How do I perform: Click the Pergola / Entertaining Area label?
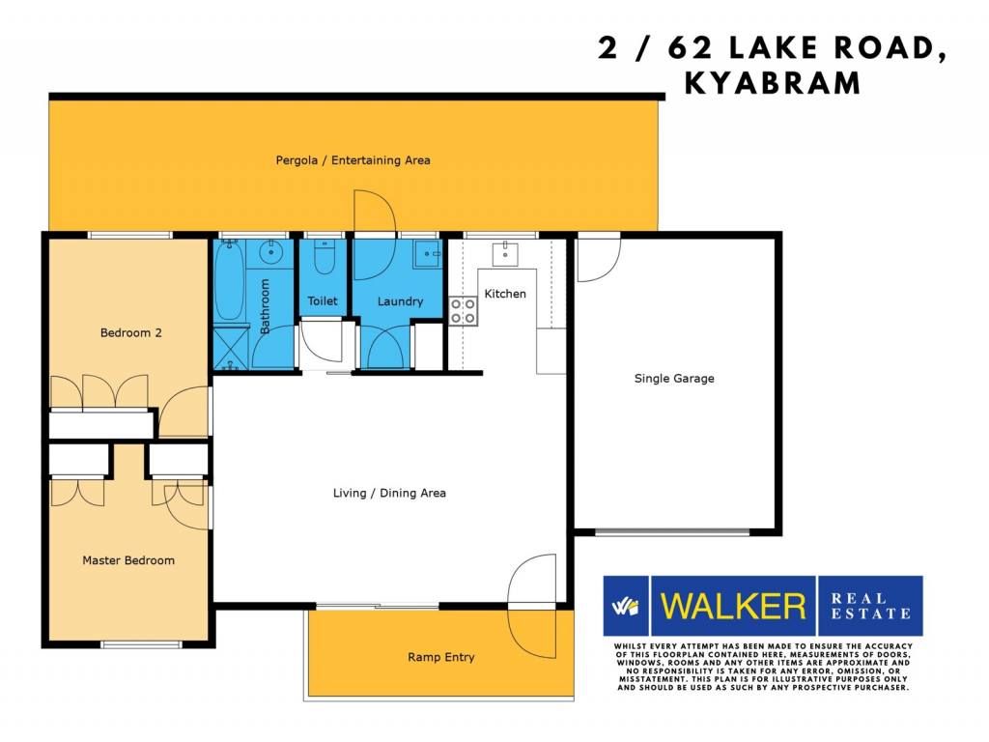point(353,160)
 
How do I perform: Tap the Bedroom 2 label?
point(131,332)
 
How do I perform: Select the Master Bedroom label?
point(128,560)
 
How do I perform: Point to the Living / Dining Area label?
point(389,493)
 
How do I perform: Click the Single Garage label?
point(674,378)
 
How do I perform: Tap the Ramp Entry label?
point(440,657)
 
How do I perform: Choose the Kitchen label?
point(504,294)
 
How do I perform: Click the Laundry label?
point(400,301)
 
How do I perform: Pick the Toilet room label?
point(323,301)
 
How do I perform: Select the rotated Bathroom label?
point(265,306)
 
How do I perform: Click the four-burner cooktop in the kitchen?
point(463,311)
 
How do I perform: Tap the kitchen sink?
point(504,254)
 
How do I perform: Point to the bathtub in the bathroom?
point(230,281)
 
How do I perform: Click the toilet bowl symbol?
point(325,257)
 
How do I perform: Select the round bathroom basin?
point(271,254)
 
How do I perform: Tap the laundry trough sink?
point(427,254)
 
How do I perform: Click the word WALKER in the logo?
point(733,606)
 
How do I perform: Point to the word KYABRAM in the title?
point(773,83)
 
